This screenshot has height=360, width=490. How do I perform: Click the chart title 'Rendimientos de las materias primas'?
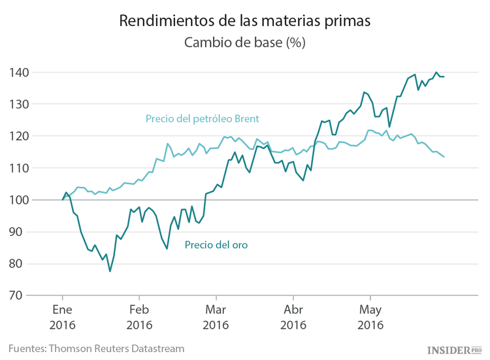click(245, 21)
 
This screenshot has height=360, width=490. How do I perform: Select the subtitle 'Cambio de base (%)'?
click(245, 43)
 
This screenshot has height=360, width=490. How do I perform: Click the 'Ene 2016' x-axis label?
click(63, 316)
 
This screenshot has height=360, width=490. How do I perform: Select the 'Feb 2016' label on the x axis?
click(140, 316)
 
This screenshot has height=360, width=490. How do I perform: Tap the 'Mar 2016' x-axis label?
click(216, 316)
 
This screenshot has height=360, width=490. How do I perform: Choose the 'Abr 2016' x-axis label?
click(293, 316)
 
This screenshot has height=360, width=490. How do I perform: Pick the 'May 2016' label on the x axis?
click(370, 316)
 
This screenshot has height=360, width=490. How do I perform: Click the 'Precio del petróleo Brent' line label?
click(202, 119)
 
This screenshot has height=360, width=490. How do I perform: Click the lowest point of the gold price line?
click(110, 271)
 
